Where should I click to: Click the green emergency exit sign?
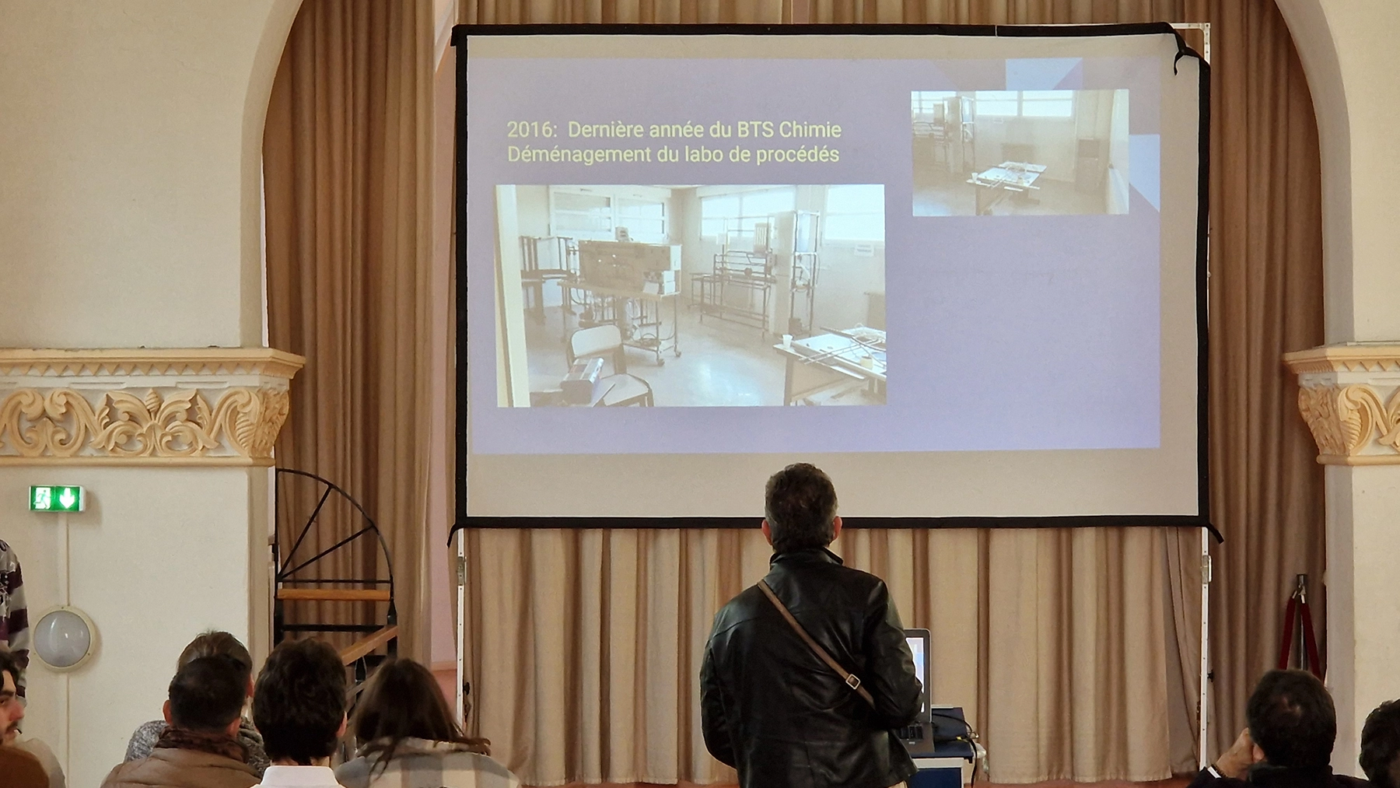coord(56,498)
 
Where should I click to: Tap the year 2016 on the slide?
coord(531,129)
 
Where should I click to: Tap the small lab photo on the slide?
coord(1020,152)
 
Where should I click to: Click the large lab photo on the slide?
coord(691,296)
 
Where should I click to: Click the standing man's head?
coord(801,508)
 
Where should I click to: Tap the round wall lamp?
coord(62,638)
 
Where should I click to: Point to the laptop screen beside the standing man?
coord(918,669)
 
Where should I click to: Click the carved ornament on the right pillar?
coord(1349,420)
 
